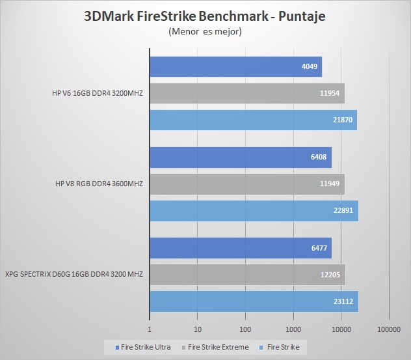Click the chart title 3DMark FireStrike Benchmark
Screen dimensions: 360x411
(x=205, y=16)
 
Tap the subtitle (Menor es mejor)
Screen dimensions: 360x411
(x=205, y=31)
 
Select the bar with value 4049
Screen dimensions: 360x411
(x=235, y=66)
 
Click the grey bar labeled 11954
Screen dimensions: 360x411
(x=247, y=93)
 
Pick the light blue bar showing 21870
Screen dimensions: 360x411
(x=253, y=120)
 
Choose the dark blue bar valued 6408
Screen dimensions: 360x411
(x=241, y=157)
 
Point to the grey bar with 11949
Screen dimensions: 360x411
(x=247, y=184)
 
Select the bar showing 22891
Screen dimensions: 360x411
(x=254, y=210)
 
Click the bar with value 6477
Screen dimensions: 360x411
(x=241, y=247)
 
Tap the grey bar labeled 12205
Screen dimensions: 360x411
(x=247, y=274)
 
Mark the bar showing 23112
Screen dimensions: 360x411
(x=254, y=301)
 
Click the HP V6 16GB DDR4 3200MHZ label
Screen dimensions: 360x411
(x=98, y=93)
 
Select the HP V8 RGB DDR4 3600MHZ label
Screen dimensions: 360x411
(x=99, y=184)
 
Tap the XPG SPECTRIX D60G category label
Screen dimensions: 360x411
(x=73, y=274)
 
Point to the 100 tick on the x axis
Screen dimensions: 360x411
(x=245, y=329)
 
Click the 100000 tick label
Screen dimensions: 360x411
(x=389, y=329)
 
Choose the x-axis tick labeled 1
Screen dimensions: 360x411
(x=150, y=329)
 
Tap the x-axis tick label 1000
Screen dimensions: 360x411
(x=293, y=329)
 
